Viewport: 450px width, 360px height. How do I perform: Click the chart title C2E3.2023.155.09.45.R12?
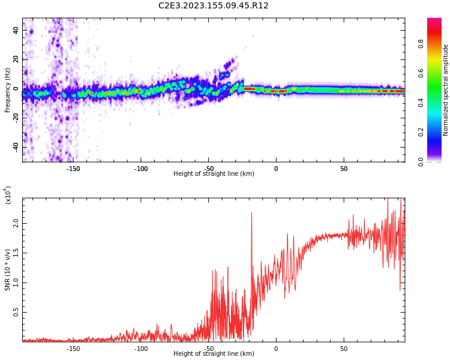click(214, 5)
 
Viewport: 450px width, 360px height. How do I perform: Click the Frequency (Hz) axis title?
click(8, 89)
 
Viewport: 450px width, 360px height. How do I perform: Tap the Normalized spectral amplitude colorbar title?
click(446, 89)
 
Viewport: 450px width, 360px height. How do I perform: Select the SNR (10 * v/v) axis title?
click(8, 270)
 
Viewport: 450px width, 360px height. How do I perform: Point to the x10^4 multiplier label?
click(8, 195)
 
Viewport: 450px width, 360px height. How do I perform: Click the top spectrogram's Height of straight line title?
click(214, 174)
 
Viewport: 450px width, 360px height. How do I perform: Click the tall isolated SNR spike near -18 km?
click(251, 214)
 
